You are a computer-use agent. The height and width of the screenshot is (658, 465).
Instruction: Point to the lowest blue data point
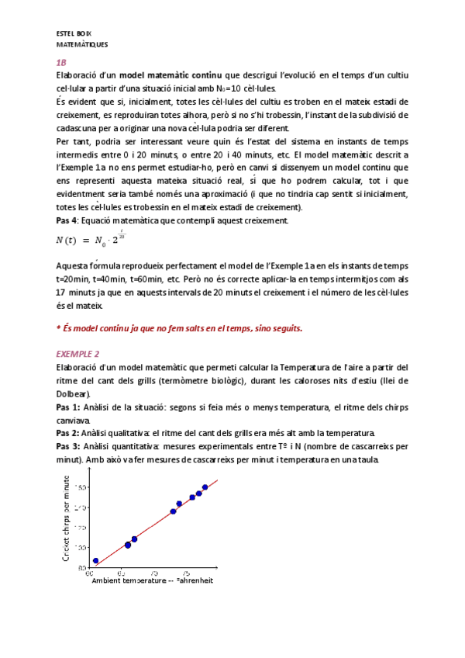[95, 561]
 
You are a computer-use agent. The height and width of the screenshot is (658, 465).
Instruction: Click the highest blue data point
[205, 487]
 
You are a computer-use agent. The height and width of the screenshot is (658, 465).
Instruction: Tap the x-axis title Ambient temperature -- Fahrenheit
[151, 580]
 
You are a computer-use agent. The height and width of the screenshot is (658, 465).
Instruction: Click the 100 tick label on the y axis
[81, 548]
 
